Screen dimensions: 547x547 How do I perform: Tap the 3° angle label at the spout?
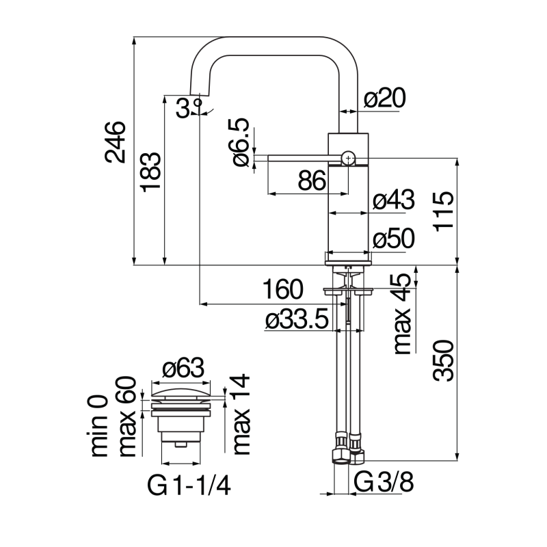coord(187,107)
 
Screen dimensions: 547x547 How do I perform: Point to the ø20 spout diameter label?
coord(385,99)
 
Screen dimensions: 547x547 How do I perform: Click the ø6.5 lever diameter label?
coord(241,141)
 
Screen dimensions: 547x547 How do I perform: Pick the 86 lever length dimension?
coord(311,181)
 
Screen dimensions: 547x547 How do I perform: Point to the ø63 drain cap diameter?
coord(183,369)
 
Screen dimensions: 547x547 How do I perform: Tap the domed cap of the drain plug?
coord(183,392)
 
